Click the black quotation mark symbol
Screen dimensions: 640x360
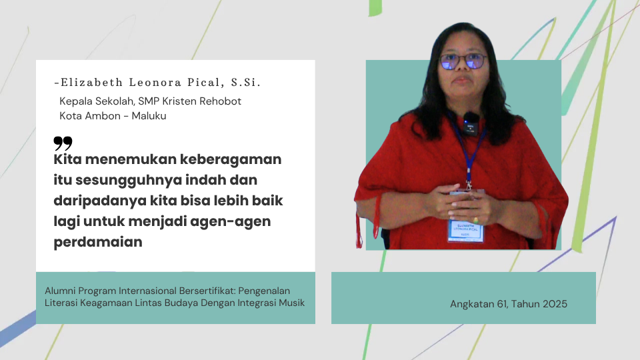(63, 143)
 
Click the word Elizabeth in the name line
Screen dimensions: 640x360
(92, 83)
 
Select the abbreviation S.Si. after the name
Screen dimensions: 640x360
(245, 83)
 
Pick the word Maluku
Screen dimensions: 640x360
(149, 116)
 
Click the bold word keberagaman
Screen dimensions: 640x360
(231, 159)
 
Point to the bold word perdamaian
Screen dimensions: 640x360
(98, 242)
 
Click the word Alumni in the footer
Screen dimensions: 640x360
(60, 291)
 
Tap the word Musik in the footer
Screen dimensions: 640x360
(291, 303)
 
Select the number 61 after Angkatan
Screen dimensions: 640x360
(501, 304)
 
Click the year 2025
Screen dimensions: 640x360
(553, 304)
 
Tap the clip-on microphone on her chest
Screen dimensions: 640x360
(470, 124)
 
